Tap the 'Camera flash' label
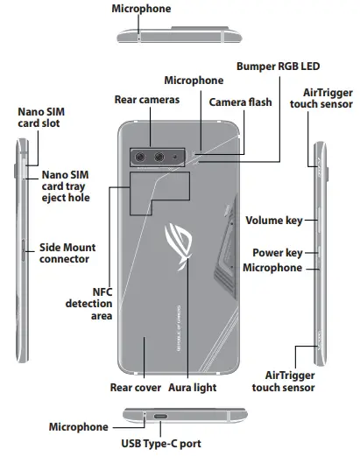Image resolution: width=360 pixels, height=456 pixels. (240, 102)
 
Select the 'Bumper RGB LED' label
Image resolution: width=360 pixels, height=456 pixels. (279, 66)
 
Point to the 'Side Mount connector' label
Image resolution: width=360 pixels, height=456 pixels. (65, 254)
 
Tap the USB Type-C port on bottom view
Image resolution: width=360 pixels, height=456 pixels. (162, 417)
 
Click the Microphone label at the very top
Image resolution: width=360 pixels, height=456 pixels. (141, 9)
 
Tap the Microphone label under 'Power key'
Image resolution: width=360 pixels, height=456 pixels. (272, 267)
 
